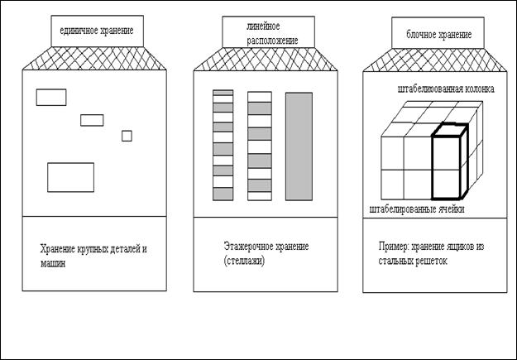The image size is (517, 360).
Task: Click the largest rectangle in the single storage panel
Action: [70, 177]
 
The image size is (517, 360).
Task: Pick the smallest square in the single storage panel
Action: [127, 136]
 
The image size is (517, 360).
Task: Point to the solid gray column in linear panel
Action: [299, 146]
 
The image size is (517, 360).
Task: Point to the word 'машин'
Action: [54, 264]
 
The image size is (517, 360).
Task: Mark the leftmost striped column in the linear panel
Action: [223, 146]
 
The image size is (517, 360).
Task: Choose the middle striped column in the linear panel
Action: [259, 146]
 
